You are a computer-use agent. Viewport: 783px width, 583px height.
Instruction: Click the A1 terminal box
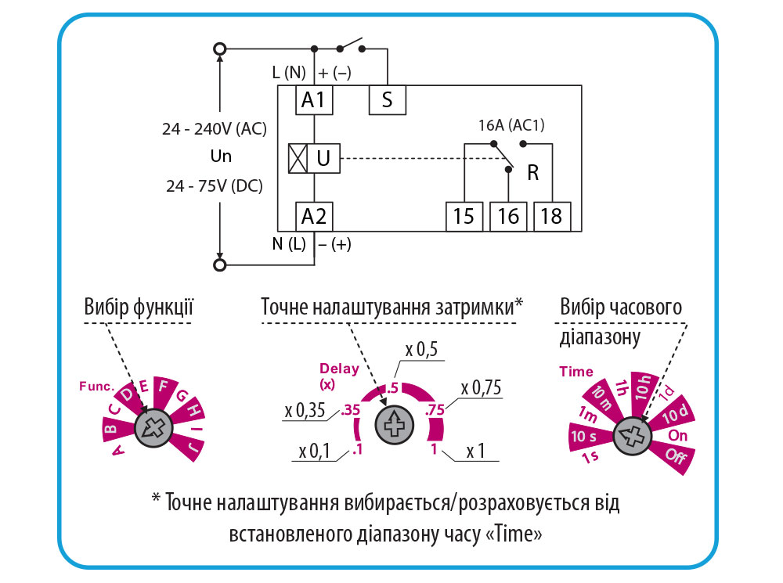click(314, 99)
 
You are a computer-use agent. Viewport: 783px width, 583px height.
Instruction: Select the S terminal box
click(386, 99)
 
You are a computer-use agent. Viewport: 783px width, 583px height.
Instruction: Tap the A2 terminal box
click(314, 215)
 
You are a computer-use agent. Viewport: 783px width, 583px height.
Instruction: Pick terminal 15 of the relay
click(464, 216)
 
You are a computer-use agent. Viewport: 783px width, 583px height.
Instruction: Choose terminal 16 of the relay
click(508, 216)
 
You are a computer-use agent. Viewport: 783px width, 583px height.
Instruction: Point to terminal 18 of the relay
click(552, 216)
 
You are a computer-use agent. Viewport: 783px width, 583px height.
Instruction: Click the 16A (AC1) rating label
click(511, 125)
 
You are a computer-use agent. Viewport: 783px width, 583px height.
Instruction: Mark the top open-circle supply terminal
click(220, 49)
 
